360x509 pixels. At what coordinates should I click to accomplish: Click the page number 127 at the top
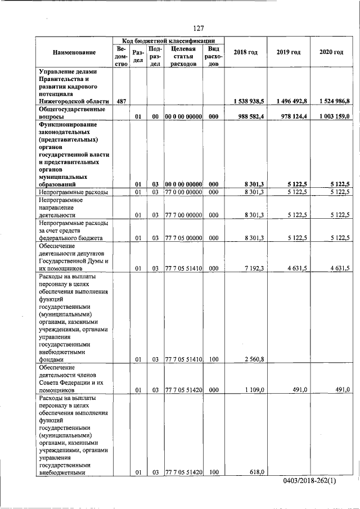coord(197,28)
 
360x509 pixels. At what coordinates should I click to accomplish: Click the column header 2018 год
coord(245,52)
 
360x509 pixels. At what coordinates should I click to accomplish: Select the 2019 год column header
coord(288,52)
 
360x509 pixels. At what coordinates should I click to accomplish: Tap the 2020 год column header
coord(331,52)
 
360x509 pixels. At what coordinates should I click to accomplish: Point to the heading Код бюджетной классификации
coord(168,41)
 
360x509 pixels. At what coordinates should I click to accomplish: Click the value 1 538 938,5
coord(248,101)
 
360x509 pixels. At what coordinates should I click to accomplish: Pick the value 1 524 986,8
coord(333,101)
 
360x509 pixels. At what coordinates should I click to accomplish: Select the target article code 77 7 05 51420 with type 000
coord(183,389)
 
